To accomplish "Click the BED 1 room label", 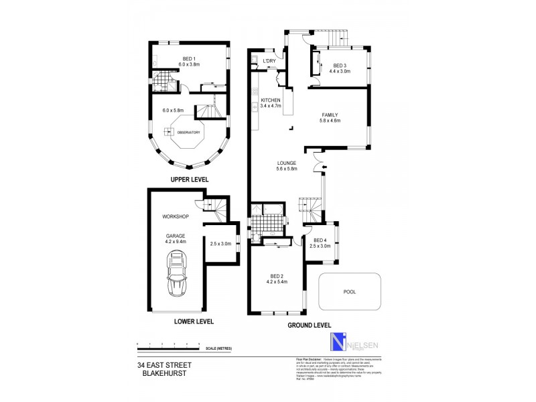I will [190, 61].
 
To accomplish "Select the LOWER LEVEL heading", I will [194, 322].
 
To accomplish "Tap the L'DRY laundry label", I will [269, 62].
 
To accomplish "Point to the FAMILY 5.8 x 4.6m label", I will [330, 118].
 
